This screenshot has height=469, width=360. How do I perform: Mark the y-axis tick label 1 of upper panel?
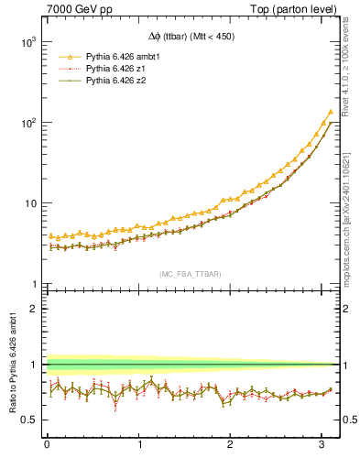[32, 284]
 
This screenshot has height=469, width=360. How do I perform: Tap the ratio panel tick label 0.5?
[27, 420]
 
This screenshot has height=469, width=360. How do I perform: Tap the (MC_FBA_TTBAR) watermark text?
[189, 273]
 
